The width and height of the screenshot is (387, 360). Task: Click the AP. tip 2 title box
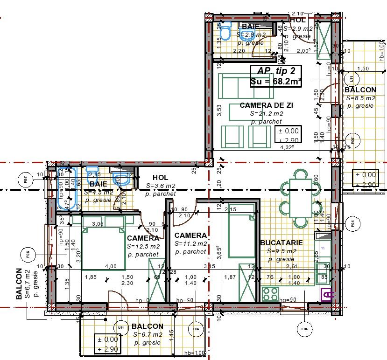point(276,76)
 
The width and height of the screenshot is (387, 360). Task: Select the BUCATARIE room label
point(281,243)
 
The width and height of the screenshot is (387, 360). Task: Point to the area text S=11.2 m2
point(190,243)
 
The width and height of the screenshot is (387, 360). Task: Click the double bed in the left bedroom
point(104,242)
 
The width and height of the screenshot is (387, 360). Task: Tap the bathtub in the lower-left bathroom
point(64,188)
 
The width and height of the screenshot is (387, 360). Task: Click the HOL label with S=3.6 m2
point(160,178)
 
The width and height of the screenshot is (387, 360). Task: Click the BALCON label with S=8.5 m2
point(360,90)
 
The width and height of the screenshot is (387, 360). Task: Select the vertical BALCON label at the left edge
point(19,283)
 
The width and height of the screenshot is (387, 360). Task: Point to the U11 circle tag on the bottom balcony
point(121,328)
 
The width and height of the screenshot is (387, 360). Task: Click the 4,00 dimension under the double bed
point(111,266)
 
